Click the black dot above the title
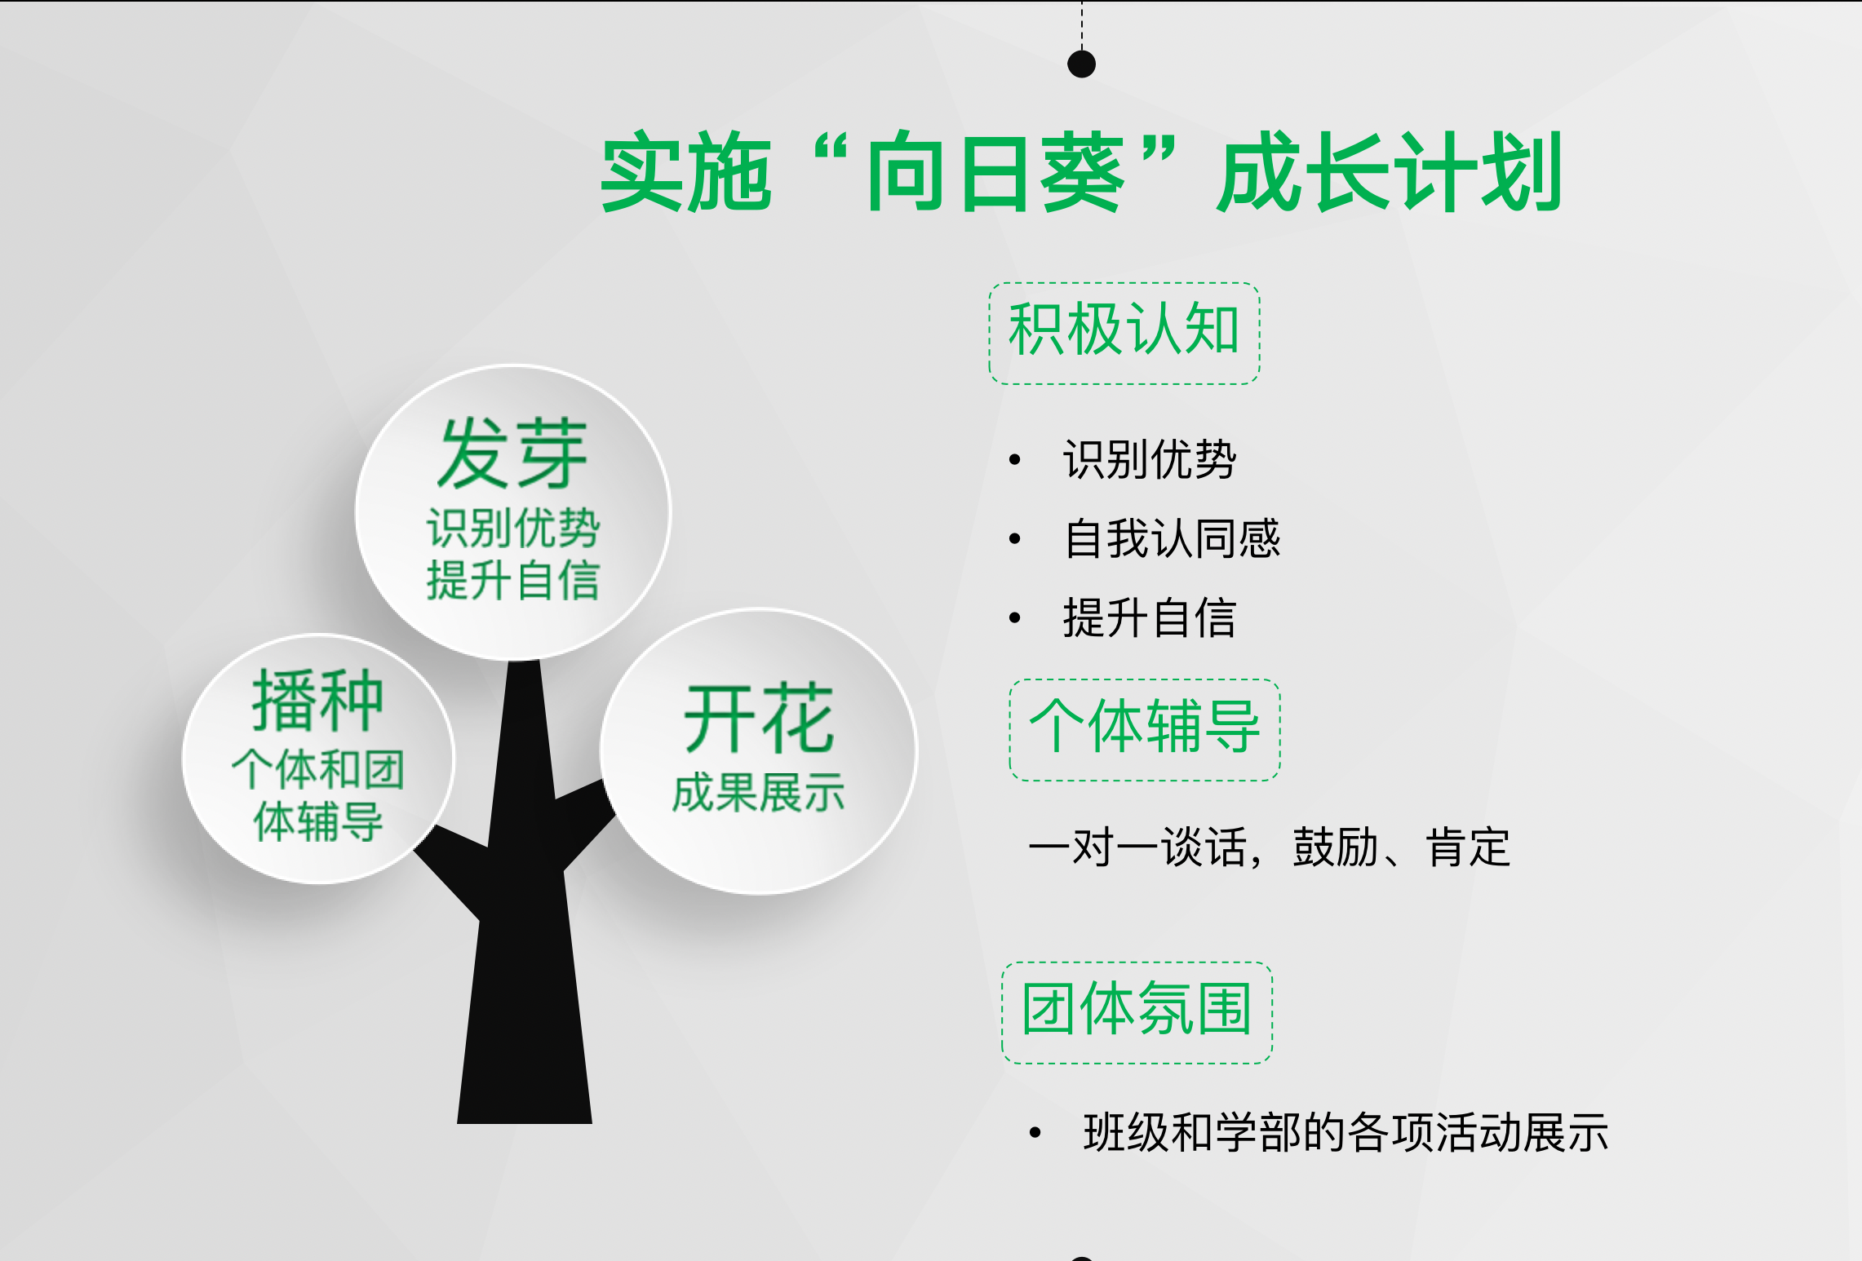(x=1081, y=64)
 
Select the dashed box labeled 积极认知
(x=1124, y=333)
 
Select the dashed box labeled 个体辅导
(x=1145, y=729)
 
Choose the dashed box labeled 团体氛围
(x=1137, y=1012)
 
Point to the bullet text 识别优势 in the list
(x=1150, y=459)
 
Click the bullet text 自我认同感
(x=1172, y=538)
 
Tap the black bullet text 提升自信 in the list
(x=1150, y=617)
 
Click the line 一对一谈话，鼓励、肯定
(x=1269, y=847)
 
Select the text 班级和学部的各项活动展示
(x=1346, y=1132)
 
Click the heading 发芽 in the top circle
(x=512, y=454)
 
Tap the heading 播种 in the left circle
(x=317, y=701)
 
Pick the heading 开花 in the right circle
(x=759, y=719)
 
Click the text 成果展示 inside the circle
(x=758, y=793)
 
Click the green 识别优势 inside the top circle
(x=513, y=528)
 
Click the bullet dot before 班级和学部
(x=1035, y=1132)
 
